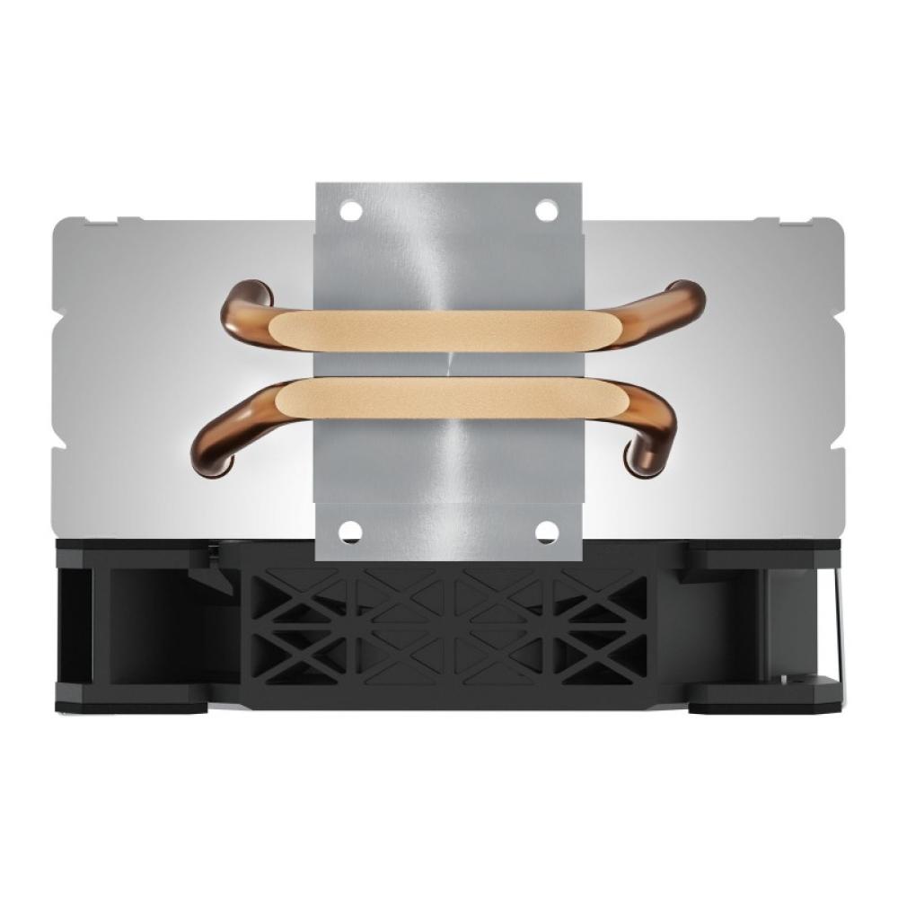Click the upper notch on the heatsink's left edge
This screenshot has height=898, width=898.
point(59,305)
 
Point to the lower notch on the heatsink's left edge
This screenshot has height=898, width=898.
point(59,445)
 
